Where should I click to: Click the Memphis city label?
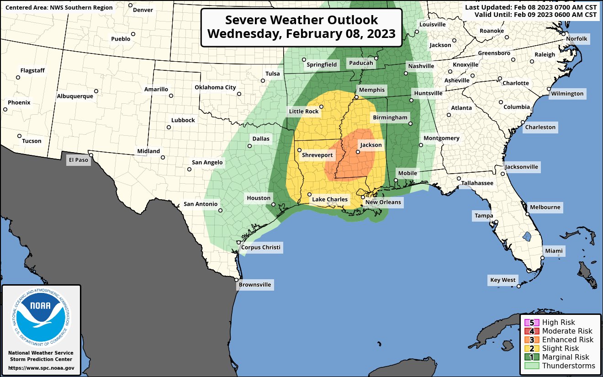click(372, 90)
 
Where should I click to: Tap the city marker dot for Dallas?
click(250, 146)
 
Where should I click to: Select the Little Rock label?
click(304, 111)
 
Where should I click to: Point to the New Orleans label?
click(383, 202)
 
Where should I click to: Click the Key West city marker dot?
click(519, 287)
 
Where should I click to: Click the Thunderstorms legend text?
click(568, 366)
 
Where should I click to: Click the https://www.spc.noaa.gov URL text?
click(41, 368)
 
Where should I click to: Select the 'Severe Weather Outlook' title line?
click(301, 21)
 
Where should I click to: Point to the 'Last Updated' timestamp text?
click(531, 7)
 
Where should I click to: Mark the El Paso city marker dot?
click(91, 155)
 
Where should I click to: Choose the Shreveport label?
click(317, 155)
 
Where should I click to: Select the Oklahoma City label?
click(215, 87)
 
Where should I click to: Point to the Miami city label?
click(554, 251)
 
